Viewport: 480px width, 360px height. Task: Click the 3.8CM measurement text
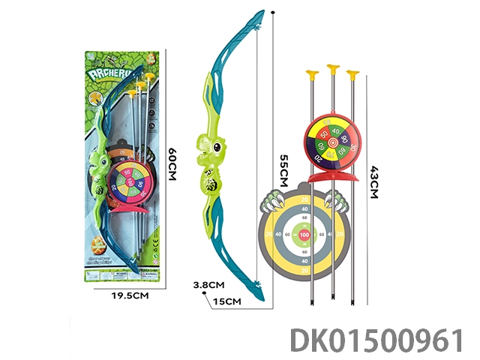[x=209, y=285]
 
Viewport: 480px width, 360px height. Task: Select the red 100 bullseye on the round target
[x=304, y=235]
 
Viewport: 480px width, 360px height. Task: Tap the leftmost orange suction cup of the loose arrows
[x=311, y=73]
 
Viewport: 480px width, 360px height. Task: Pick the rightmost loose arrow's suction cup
[x=353, y=73]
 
